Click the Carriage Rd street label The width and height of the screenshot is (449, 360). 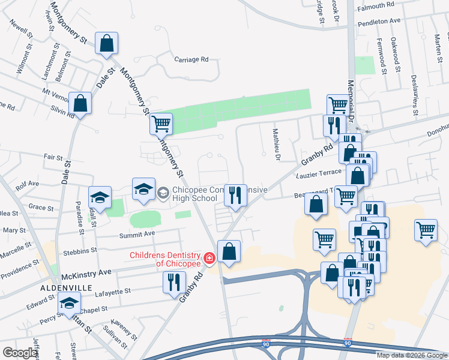pyautogui.click(x=191, y=59)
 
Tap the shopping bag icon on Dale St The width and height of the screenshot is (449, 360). pyautogui.click(x=106, y=44)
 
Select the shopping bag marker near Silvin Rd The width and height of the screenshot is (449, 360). pyautogui.click(x=80, y=104)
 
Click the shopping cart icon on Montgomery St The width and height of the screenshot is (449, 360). pyautogui.click(x=161, y=124)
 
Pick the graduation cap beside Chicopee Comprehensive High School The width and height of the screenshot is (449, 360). pyautogui.click(x=144, y=188)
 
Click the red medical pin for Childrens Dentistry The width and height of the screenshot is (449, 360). pyautogui.click(x=209, y=259)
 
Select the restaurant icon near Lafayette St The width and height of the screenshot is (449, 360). pyautogui.click(x=174, y=282)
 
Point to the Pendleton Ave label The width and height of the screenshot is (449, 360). pyautogui.click(x=379, y=20)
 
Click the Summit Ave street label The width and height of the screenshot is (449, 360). pyautogui.click(x=137, y=233)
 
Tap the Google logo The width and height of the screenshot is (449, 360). pyautogui.click(x=20, y=353)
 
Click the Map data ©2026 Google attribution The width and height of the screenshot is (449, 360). pyautogui.click(x=412, y=355)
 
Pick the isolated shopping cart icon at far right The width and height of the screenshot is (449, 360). pyautogui.click(x=426, y=230)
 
